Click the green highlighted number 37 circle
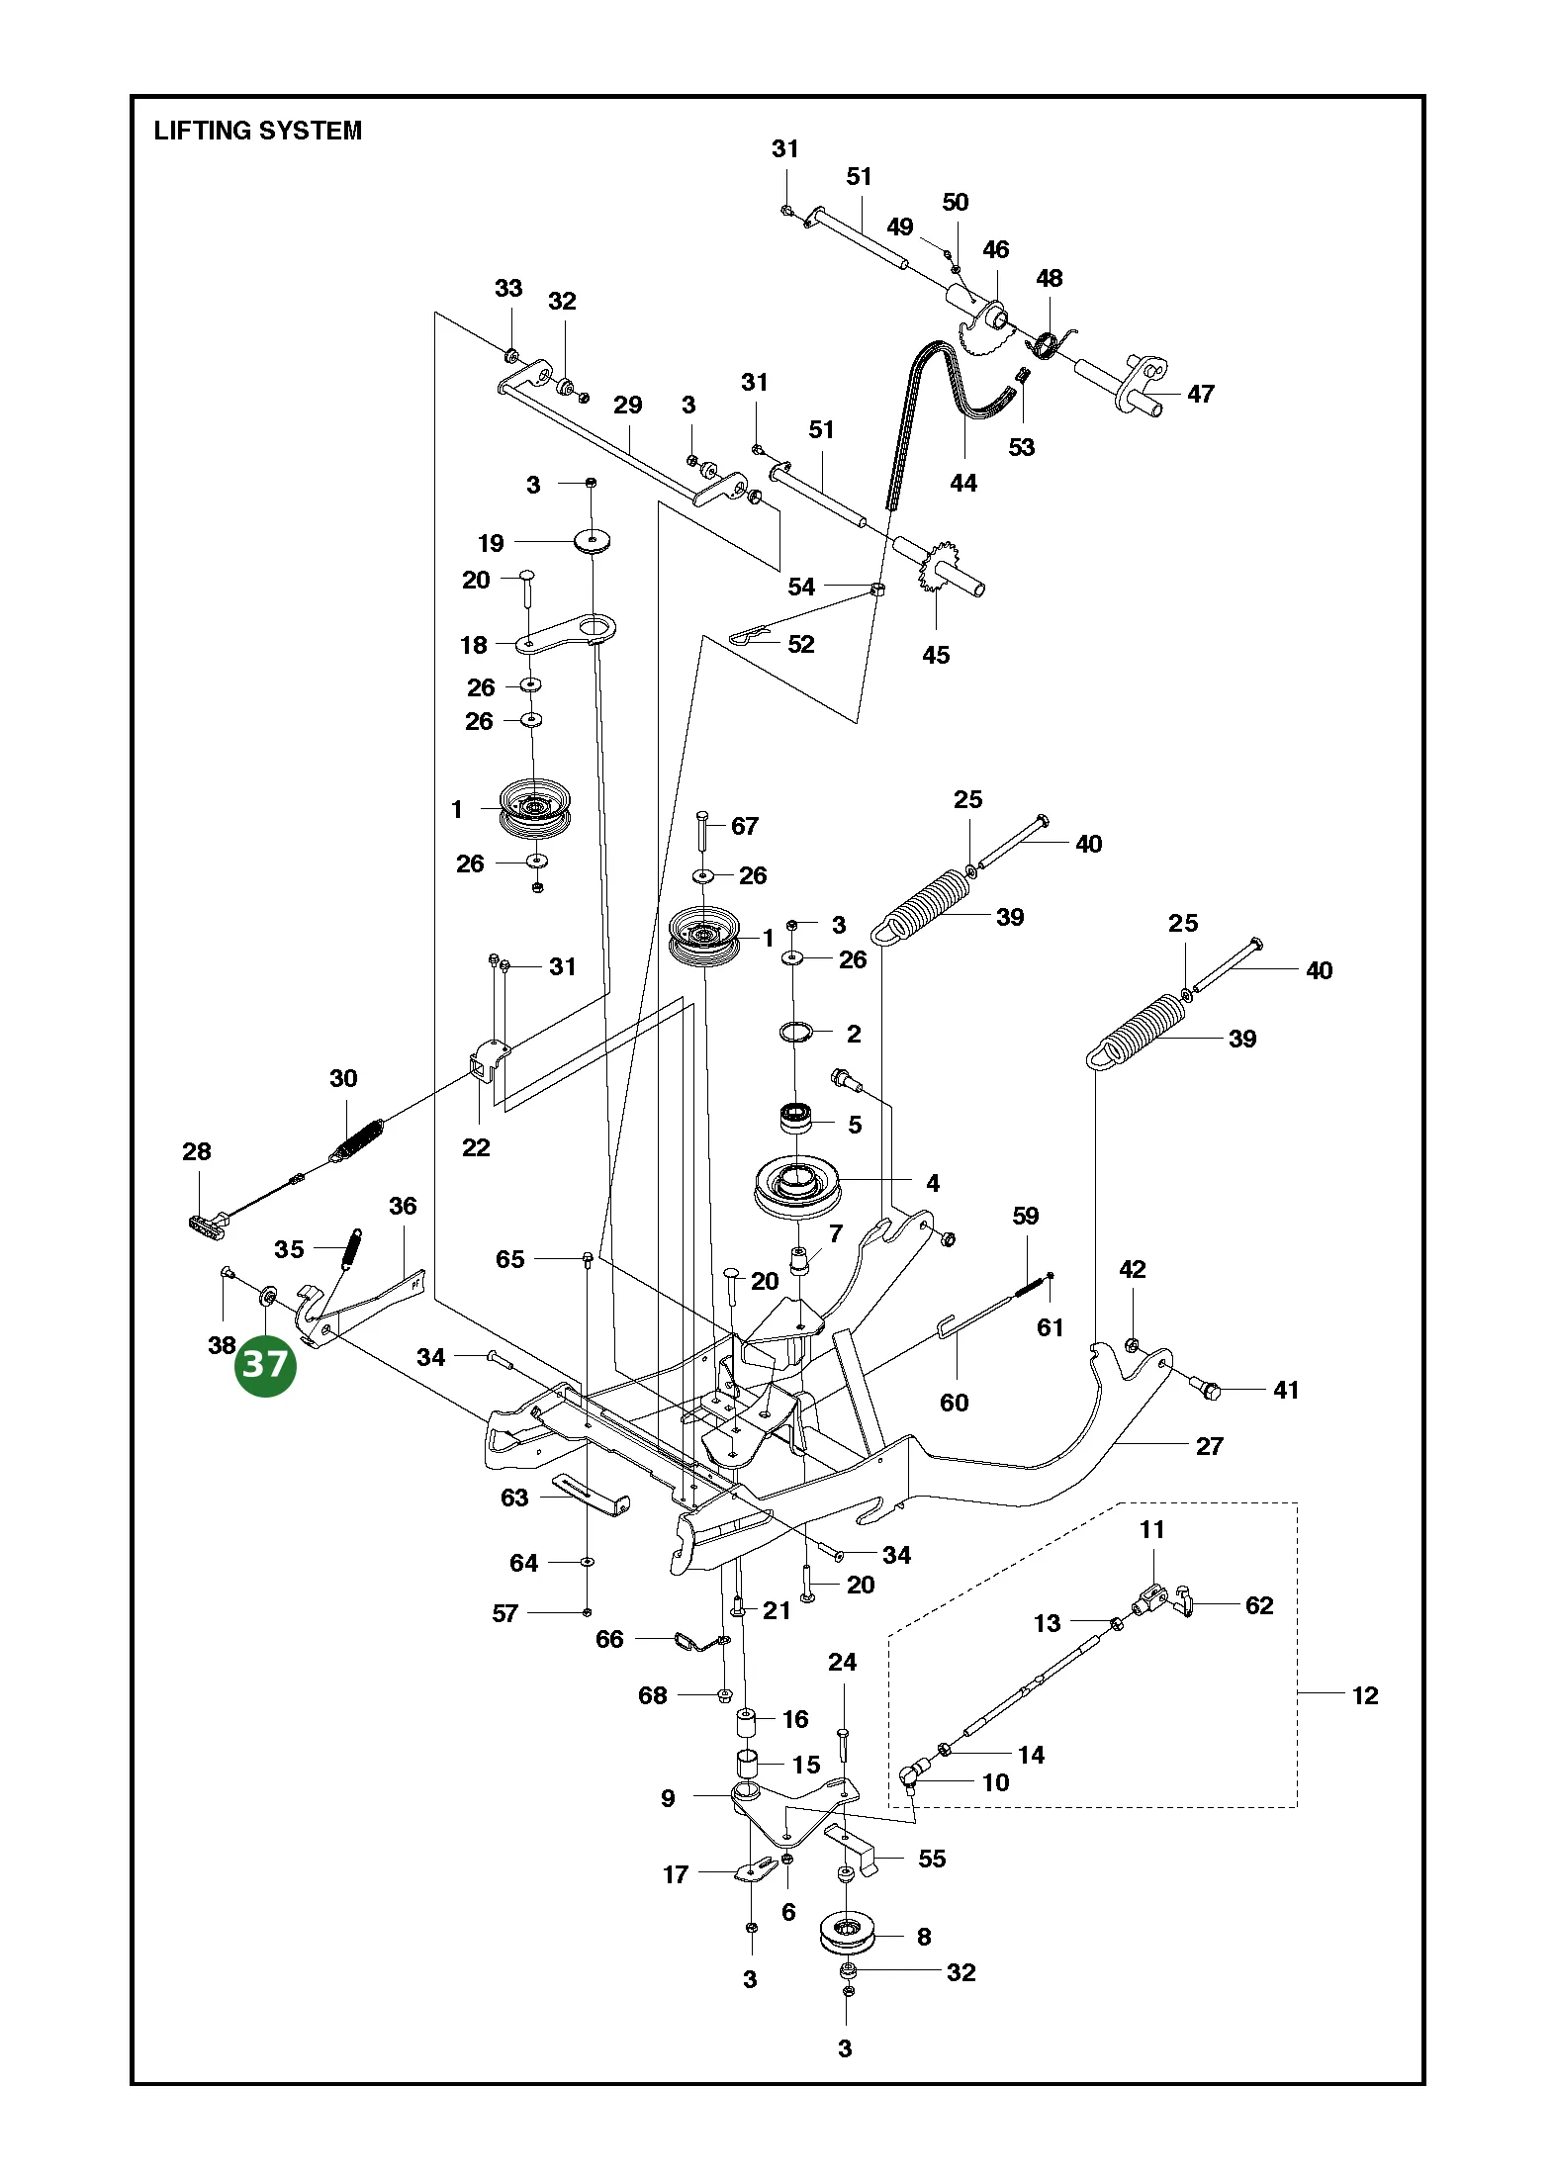coord(265,1365)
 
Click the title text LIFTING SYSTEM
coord(258,131)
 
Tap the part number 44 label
coord(963,483)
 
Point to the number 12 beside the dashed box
coord(1365,1695)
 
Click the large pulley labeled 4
coord(796,1186)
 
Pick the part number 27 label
coord(1210,1446)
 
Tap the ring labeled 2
coord(796,1033)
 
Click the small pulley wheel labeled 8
coord(848,1953)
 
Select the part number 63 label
coord(514,1498)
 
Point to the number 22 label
coord(476,1147)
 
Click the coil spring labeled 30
coord(356,1140)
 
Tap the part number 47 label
coord(1201,394)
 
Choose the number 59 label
coord(1026,1216)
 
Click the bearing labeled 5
coord(796,1118)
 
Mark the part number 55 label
coord(932,1859)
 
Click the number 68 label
coord(653,1695)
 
